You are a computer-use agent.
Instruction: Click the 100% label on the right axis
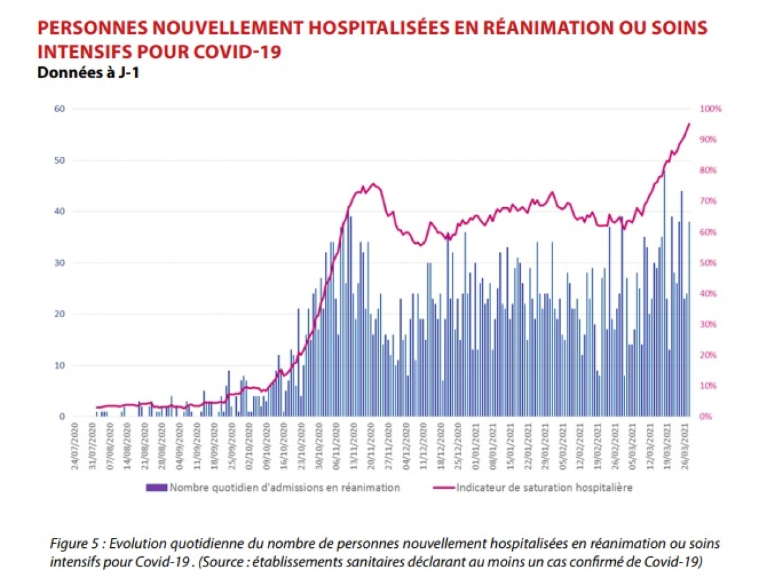[x=711, y=109]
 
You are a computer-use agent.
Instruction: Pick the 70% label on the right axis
[x=709, y=201]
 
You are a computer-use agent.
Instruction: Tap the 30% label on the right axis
[x=709, y=324]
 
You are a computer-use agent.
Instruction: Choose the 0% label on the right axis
[x=707, y=417]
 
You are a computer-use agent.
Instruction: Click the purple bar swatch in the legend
[x=156, y=488]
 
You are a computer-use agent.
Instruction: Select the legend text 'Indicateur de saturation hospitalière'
[x=544, y=488]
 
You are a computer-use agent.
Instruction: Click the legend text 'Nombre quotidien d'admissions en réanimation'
[x=285, y=488]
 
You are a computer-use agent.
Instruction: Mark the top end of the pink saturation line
[x=689, y=123]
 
